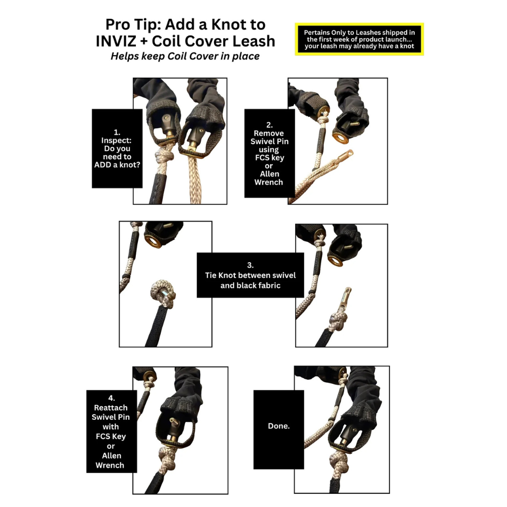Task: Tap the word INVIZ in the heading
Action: pos(118,41)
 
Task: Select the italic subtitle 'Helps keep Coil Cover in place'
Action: pos(185,56)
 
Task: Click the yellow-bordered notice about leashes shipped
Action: pos(359,39)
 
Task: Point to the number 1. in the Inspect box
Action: pos(117,132)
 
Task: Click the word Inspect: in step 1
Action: pos(117,140)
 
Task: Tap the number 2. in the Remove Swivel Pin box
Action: pos(269,125)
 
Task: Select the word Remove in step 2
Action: pos(269,133)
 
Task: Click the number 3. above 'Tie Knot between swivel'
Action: pos(250,265)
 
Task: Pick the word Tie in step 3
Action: pos(210,275)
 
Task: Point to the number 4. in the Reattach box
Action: pos(112,398)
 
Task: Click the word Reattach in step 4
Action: pos(111,408)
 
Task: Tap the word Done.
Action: pos(279,426)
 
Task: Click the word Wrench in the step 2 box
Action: pos(269,183)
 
